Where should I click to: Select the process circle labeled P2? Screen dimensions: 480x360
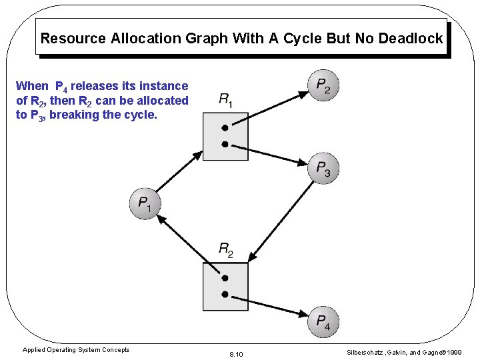pyautogui.click(x=323, y=87)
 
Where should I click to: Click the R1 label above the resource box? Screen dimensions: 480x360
pyautogui.click(x=226, y=100)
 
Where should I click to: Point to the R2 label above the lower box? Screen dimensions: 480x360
pyautogui.click(x=226, y=250)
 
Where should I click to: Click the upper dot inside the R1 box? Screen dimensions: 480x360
pyautogui.click(x=225, y=127)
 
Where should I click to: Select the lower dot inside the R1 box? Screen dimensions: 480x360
pyautogui.click(x=225, y=143)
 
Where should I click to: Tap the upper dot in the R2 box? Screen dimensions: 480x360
pyautogui.click(x=225, y=277)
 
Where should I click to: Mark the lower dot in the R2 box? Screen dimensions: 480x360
pyautogui.click(x=225, y=294)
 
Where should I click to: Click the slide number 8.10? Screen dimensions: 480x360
pyautogui.click(x=236, y=354)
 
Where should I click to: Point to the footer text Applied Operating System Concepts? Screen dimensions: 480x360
pyautogui.click(x=76, y=350)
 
